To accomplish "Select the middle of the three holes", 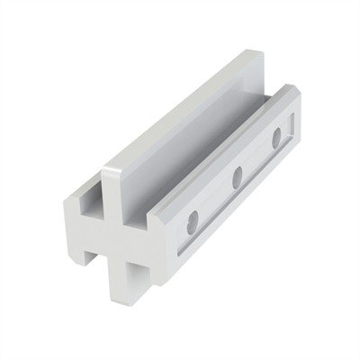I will tap(237, 177).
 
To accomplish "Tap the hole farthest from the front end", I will tap(276, 137).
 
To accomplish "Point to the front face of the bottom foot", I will tap(128, 286).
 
